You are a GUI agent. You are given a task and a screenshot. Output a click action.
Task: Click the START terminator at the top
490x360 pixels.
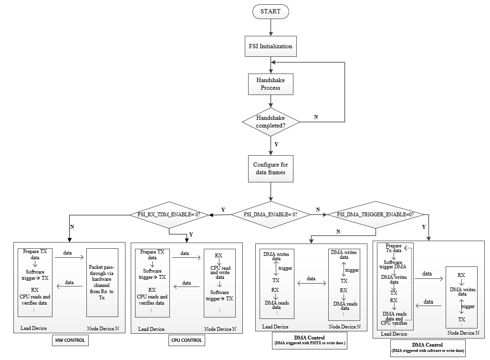[x=271, y=11]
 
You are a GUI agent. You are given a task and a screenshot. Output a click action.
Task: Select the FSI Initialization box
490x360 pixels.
[x=271, y=47]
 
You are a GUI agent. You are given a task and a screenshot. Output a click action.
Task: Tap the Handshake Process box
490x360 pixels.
[x=271, y=84]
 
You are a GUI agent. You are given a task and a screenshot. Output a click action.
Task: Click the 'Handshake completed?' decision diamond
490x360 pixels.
[x=271, y=122]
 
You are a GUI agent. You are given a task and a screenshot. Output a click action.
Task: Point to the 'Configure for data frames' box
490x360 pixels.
[x=271, y=169]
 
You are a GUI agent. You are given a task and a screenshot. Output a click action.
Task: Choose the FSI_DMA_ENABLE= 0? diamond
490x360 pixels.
[x=271, y=214]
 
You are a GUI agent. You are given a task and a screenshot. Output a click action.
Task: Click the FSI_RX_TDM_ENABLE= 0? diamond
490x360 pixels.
[x=169, y=214]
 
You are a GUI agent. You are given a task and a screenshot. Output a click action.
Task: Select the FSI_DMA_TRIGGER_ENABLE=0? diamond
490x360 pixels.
[x=375, y=214]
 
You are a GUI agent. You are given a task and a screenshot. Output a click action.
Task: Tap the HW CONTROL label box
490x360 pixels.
[x=71, y=340]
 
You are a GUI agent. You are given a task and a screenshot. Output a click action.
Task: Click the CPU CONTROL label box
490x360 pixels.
[x=187, y=340]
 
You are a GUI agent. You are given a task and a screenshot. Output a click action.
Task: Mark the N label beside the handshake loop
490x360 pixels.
[x=316, y=117]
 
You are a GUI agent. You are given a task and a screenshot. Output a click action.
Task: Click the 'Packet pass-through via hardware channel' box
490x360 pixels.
[x=102, y=282]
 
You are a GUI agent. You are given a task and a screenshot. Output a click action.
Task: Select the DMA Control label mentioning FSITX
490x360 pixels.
[x=310, y=340]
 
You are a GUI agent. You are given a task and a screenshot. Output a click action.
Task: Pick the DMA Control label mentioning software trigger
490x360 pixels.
[x=427, y=348]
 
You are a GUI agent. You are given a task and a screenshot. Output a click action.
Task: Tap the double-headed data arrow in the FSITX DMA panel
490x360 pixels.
[x=311, y=284]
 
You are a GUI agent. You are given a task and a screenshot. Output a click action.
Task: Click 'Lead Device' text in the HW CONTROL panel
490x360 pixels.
[x=33, y=328]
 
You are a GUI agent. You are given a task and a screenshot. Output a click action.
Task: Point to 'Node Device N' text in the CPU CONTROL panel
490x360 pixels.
[x=220, y=329]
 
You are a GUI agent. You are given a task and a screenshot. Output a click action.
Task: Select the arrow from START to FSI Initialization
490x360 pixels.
[x=271, y=27]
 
